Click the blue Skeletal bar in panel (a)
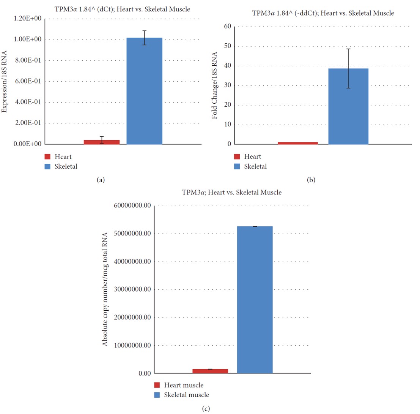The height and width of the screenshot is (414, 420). coord(144,91)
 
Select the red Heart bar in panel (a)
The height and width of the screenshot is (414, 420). coord(101,142)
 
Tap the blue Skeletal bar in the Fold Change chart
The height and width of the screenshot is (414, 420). coord(348,106)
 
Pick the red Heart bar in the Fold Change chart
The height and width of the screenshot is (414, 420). coord(297,143)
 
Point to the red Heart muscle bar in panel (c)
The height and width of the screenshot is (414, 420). coord(210,371)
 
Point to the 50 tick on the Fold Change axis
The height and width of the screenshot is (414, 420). coord(228,46)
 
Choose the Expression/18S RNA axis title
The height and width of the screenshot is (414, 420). coord(5,81)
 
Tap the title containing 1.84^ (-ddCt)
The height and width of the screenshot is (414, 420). coord(323,13)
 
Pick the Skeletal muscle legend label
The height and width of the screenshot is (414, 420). coord(186,395)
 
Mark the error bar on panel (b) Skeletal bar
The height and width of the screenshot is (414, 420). coord(348,68)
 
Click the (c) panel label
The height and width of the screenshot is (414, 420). coord(206,409)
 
